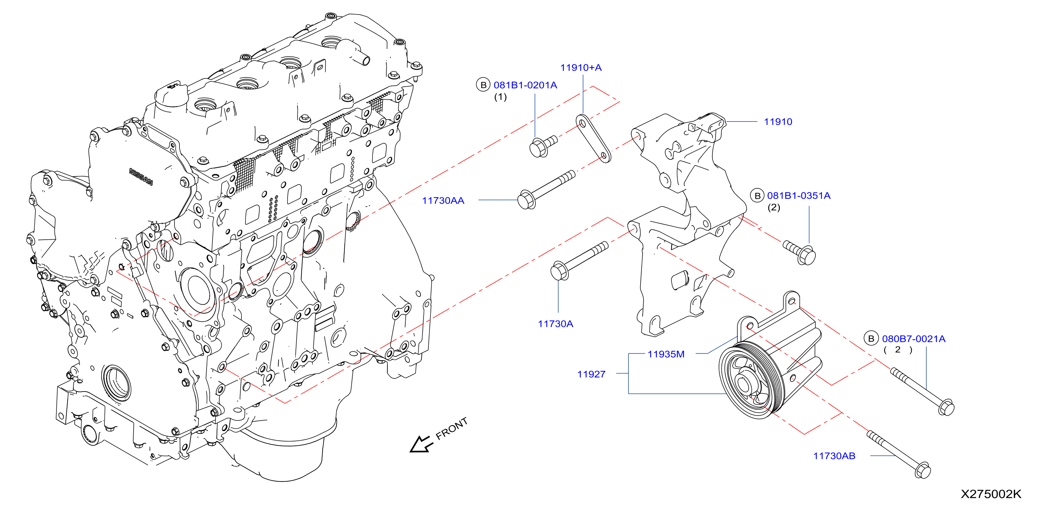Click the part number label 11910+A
(581, 67)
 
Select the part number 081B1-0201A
(525, 85)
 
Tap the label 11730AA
(443, 201)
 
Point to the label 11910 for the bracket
(778, 122)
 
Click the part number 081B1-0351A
(799, 196)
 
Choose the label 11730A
(555, 324)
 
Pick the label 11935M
(666, 354)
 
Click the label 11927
(591, 374)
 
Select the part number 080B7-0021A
(914, 339)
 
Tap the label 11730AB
(834, 456)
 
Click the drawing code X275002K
(991, 494)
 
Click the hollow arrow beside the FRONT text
(420, 444)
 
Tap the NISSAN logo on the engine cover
(141, 177)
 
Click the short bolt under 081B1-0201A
(543, 146)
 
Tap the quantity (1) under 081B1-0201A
(500, 97)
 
